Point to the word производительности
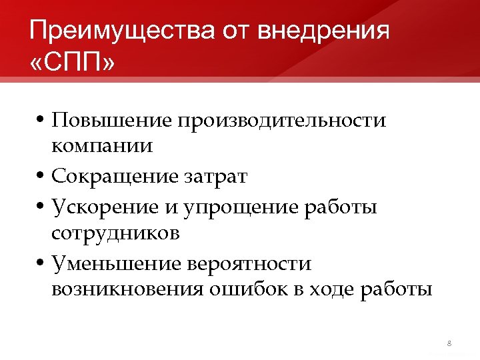(x=281, y=121)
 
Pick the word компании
(x=102, y=146)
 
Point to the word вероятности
(x=251, y=264)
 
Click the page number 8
(x=449, y=343)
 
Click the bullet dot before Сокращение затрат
(x=41, y=177)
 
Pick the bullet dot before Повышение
(x=41, y=121)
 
